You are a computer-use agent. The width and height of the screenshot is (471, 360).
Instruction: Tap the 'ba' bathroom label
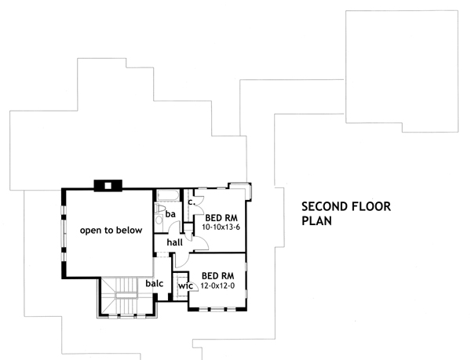(170, 213)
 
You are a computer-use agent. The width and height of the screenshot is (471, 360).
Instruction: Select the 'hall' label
(174, 243)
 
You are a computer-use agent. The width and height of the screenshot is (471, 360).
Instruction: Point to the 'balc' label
(155, 283)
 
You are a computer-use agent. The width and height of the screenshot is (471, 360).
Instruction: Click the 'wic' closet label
(184, 286)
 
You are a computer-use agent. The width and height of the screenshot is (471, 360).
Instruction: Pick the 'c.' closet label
(190, 201)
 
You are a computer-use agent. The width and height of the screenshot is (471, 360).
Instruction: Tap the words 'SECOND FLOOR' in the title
(346, 207)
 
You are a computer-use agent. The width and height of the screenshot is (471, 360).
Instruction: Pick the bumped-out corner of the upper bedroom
(239, 188)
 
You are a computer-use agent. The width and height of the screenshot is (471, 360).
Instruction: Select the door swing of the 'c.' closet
(198, 199)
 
